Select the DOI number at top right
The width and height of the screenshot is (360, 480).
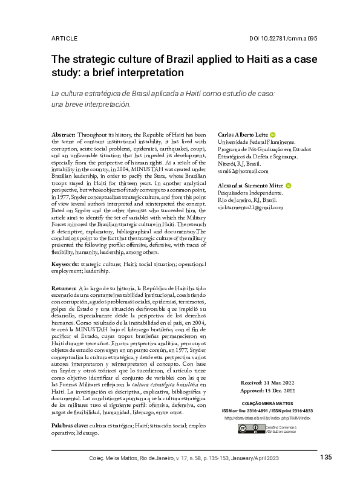click(283, 38)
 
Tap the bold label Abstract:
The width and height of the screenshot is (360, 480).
click(63, 134)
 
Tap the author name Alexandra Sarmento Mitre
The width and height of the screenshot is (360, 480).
click(254, 186)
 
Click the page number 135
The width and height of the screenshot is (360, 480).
click(326, 457)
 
